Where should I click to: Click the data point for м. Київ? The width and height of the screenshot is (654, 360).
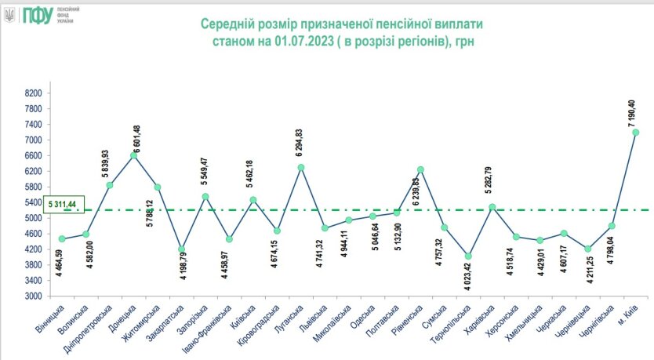click(635, 133)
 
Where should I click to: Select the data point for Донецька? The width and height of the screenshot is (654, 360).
click(133, 155)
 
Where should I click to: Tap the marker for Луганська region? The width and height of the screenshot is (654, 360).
click(300, 167)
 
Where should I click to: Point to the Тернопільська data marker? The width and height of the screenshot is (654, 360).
click(468, 256)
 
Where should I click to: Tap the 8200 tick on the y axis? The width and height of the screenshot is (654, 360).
click(32, 93)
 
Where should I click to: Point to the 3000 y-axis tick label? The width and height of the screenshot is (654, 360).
click(32, 296)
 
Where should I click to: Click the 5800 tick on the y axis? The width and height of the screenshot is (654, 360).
click(32, 187)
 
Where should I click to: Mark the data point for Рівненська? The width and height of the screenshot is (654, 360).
click(420, 169)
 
